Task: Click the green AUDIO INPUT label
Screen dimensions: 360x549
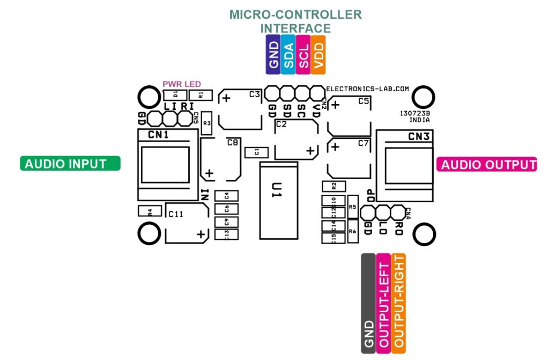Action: (x=70, y=164)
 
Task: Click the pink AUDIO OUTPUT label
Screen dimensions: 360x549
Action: (x=487, y=165)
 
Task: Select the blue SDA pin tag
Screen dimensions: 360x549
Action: (x=288, y=55)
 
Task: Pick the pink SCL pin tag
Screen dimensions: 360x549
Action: (x=303, y=55)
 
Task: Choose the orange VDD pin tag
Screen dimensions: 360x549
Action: (x=318, y=55)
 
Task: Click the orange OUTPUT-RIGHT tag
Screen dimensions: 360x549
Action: (x=399, y=303)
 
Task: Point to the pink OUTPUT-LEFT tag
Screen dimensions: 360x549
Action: (x=384, y=303)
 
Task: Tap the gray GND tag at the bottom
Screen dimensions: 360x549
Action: (x=368, y=303)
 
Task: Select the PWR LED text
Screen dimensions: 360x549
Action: (x=182, y=84)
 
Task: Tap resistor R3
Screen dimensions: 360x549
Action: (x=207, y=123)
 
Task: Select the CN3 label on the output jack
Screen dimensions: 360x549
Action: (x=419, y=137)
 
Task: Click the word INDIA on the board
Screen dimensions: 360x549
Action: (x=419, y=120)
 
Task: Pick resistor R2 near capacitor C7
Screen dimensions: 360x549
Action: (x=334, y=186)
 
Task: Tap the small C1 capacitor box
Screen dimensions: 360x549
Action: (x=257, y=152)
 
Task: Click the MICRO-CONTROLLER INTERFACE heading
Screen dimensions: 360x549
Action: (x=295, y=21)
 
